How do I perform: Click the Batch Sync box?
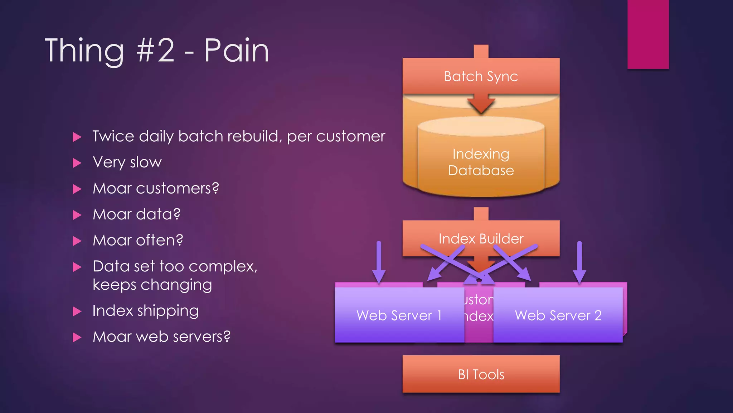coord(481,76)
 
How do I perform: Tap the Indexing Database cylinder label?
coord(481,162)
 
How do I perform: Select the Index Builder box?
coord(481,238)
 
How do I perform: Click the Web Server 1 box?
coord(399,315)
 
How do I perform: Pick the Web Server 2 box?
coord(558,315)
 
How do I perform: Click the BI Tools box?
coord(481,374)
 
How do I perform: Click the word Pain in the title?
coord(236,51)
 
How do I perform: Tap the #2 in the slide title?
coord(155,51)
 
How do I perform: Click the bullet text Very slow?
coord(127,162)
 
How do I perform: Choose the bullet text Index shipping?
coord(145,311)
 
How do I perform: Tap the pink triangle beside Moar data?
coord(77,215)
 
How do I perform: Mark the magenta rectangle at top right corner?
coord(648,34)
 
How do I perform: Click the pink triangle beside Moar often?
coord(77,241)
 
